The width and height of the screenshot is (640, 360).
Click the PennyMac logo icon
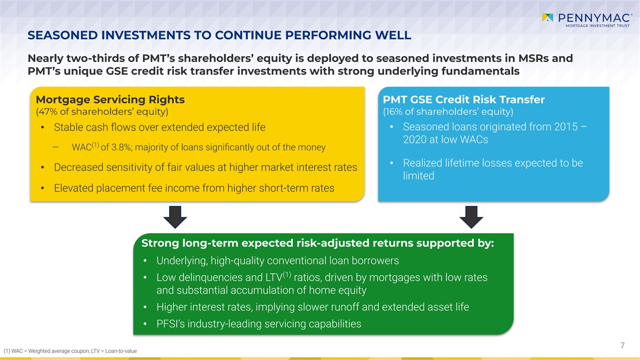click(x=548, y=18)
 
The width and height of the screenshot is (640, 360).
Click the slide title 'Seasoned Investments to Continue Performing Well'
click(x=219, y=35)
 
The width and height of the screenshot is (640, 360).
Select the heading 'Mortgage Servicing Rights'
click(x=110, y=99)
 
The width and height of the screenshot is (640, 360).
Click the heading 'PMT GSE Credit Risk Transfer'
click(x=463, y=99)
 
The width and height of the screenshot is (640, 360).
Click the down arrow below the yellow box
click(x=175, y=217)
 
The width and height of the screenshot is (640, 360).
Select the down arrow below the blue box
click(x=471, y=217)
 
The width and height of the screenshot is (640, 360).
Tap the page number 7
click(x=622, y=346)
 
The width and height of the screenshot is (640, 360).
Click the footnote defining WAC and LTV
click(x=70, y=351)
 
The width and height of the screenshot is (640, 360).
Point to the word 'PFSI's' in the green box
click(x=171, y=324)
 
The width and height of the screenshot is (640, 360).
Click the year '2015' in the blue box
click(x=566, y=126)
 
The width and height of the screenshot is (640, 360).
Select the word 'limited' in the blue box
click(x=419, y=175)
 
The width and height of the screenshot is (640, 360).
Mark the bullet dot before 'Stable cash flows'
click(x=42, y=127)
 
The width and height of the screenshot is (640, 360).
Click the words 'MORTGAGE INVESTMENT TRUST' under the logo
click(x=597, y=26)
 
